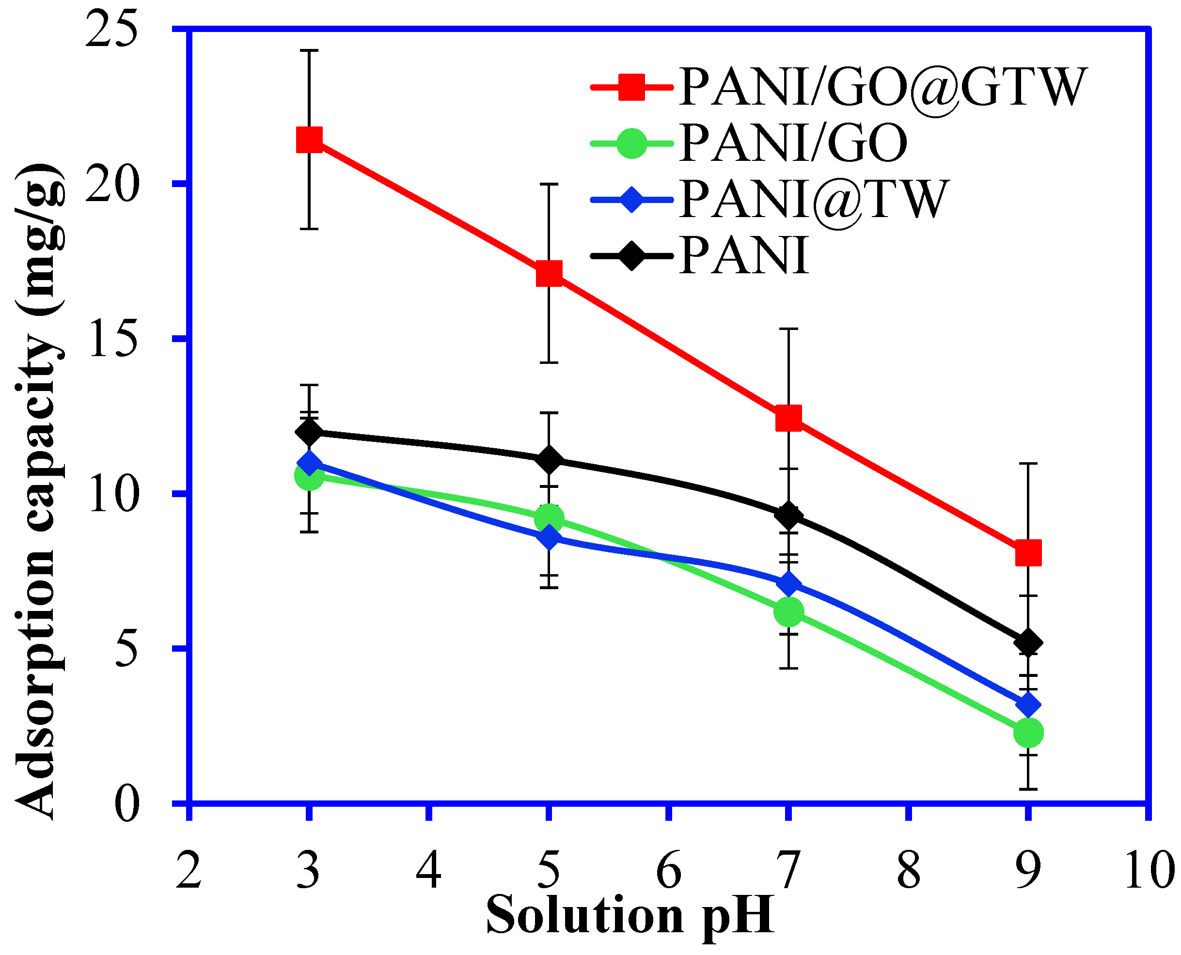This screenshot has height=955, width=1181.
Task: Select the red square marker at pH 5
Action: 549,273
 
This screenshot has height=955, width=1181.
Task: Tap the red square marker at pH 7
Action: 788,418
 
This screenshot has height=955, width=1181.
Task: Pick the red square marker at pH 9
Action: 1027,553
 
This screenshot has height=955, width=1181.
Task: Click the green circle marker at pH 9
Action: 1027,732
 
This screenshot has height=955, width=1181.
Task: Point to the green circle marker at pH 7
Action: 788,612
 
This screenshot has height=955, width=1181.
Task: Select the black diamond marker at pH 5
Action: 549,459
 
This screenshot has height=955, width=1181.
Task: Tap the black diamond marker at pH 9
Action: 1027,642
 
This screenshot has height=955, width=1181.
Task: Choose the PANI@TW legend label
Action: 814,199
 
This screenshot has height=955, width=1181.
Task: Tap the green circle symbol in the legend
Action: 631,143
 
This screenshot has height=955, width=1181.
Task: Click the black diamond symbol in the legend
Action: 631,255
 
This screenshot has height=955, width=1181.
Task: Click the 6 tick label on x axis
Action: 668,870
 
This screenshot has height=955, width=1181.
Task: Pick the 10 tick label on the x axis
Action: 1149,870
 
